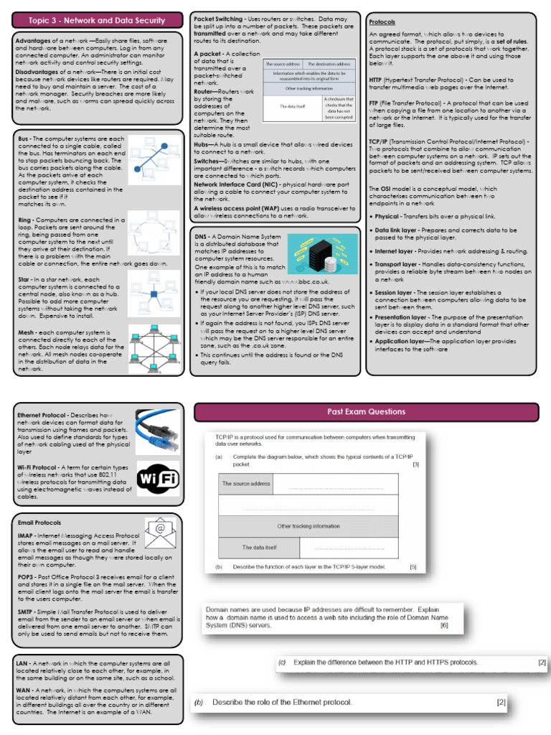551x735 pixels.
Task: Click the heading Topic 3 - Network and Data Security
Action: [97, 20]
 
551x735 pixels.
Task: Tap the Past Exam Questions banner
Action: [366, 412]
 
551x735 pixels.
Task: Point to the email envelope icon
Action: [161, 533]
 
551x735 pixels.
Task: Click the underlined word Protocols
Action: [382, 23]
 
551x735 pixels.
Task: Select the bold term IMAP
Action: [27, 535]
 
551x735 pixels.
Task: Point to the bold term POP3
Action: [27, 577]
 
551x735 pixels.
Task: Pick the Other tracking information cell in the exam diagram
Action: [308, 526]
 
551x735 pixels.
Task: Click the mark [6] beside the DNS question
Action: [444, 625]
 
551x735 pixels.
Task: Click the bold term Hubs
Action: [204, 144]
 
